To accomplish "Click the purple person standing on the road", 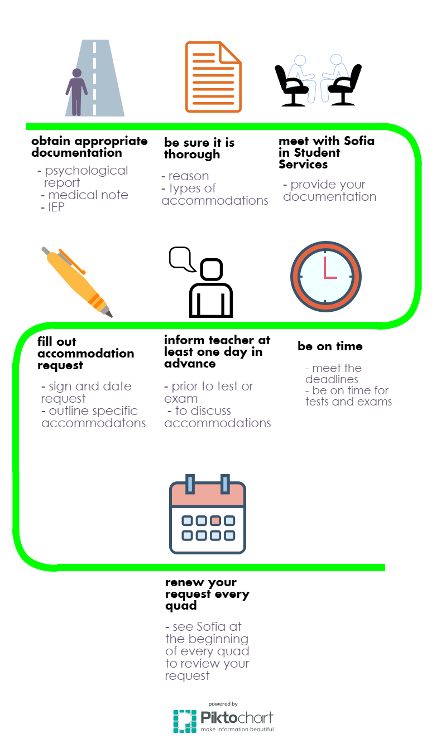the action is pos(76,92).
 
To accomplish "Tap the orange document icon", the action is pos(213,77).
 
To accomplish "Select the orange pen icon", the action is pos(77,282).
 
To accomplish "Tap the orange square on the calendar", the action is pos(215,520).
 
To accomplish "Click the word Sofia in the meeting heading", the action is pos(359,141).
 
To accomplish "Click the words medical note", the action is pos(88,195).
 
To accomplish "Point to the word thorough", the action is pos(192,154).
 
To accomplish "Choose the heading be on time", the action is pos(330,346).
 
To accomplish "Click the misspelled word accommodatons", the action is pos(93,423).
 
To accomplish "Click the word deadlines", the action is pos(332,379).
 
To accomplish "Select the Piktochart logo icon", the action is pos(185,721).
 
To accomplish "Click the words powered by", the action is pos(223,704).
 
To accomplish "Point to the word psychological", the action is pos(87,171).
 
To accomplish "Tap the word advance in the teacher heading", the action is pos(190,364).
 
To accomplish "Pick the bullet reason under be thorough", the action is pos(189,176).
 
